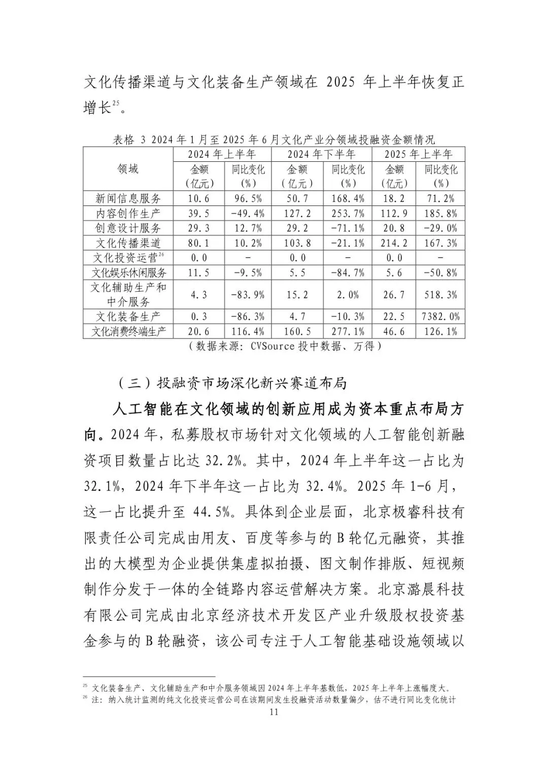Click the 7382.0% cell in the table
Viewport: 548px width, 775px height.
click(440, 316)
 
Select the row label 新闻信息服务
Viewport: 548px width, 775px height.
click(128, 198)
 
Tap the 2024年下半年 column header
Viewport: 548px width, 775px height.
click(322, 154)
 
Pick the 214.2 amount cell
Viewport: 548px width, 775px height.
click(394, 243)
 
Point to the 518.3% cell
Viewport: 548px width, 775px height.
click(440, 295)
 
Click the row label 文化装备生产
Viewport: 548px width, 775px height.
click(128, 316)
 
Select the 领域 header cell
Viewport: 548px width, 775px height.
click(128, 169)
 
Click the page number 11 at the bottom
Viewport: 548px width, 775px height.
click(274, 712)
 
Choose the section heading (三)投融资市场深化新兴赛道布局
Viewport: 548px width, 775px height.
click(232, 383)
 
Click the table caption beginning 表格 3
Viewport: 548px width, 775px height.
click(273, 139)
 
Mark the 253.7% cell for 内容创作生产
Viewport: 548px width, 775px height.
click(348, 213)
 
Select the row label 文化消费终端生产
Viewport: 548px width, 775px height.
click(128, 332)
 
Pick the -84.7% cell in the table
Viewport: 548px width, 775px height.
click(348, 273)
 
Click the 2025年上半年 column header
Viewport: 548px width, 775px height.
click(418, 154)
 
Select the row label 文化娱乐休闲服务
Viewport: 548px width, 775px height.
click(128, 273)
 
